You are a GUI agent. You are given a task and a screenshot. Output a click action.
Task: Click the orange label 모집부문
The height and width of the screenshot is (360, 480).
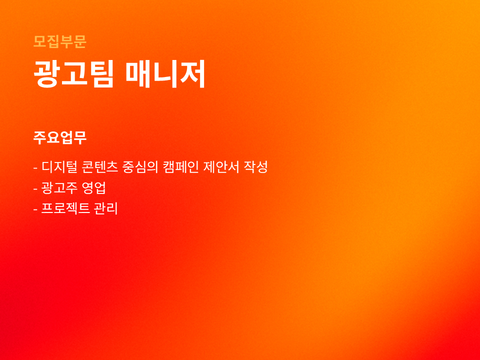(60, 41)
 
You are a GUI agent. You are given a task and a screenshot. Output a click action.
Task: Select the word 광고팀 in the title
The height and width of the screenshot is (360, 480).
(74, 74)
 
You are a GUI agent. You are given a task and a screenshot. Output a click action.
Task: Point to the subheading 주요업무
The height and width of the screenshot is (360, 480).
(60, 137)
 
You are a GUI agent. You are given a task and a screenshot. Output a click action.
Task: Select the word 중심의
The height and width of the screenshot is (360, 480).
(140, 167)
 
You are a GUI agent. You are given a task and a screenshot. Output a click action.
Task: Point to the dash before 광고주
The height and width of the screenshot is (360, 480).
(35, 189)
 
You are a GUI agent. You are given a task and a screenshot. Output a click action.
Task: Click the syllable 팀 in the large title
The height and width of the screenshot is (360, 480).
(101, 74)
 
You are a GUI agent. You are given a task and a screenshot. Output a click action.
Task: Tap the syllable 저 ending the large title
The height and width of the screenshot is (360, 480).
(192, 74)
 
